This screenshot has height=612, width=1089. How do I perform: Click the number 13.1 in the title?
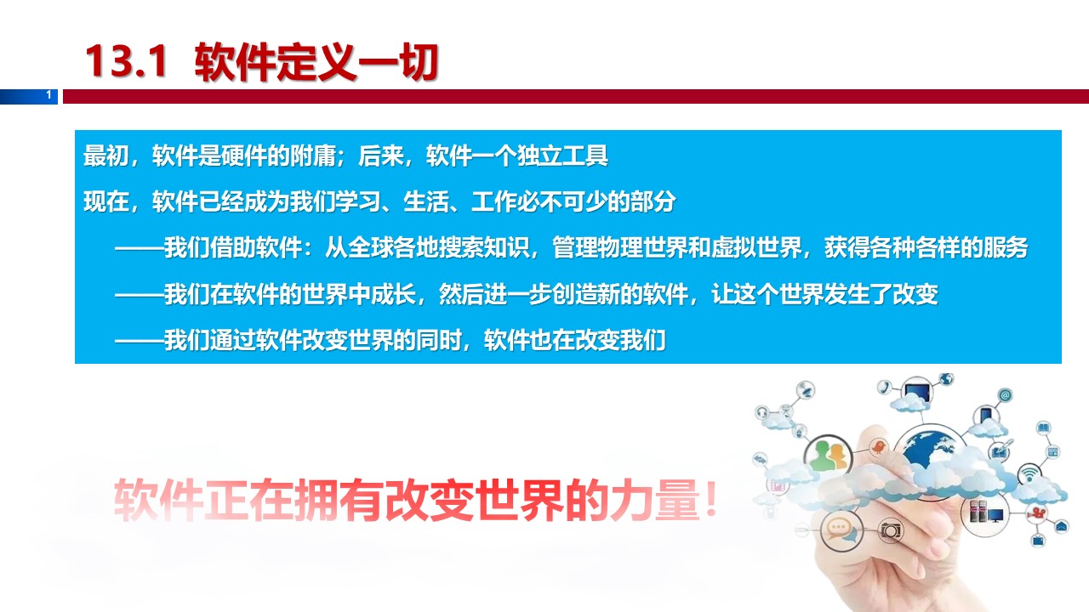[127, 61]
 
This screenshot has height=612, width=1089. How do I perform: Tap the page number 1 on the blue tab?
[48, 94]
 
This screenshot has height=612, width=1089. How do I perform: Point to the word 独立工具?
[562, 156]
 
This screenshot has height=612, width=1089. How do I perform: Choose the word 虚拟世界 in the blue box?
[756, 247]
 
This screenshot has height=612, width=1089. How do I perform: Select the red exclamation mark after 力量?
[711, 499]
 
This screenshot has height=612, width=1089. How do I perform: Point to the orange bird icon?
[878, 446]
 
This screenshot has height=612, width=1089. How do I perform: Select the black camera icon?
[891, 530]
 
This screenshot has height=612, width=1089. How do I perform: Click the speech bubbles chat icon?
[841, 529]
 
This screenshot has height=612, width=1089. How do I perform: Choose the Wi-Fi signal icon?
[1029, 474]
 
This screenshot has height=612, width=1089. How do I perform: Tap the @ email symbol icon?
[1005, 395]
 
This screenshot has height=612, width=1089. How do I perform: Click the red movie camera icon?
[1036, 513]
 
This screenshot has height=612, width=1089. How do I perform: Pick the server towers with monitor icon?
[985, 512]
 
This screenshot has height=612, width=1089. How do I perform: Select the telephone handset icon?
[884, 387]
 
